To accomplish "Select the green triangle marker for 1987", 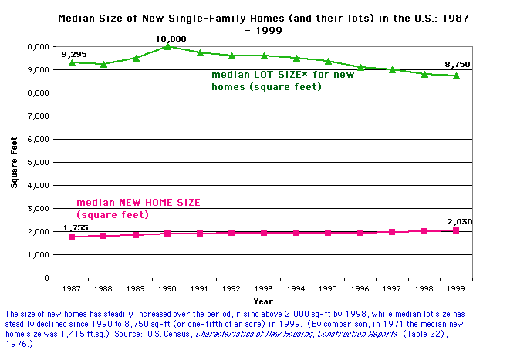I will (x=72, y=62).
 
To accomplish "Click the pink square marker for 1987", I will (x=72, y=237).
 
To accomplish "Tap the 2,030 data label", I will (x=460, y=221).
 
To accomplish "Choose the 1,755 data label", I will (x=75, y=227).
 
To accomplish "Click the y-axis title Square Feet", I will (x=14, y=162).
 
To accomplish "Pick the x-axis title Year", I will (x=263, y=301).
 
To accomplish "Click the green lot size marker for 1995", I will (x=327, y=61).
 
